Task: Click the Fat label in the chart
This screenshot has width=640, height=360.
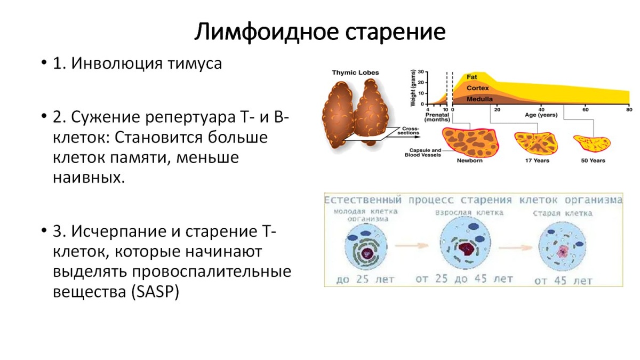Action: (471, 76)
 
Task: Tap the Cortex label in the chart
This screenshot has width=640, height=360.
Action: (477, 87)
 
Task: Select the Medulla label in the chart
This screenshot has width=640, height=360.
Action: (479, 99)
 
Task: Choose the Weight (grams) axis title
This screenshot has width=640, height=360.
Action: (413, 88)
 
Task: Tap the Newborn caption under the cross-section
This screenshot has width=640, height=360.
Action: (469, 161)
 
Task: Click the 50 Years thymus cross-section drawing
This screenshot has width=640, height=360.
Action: (591, 143)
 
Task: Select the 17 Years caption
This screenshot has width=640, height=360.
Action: (537, 161)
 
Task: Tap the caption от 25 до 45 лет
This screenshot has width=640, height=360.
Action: (464, 279)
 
